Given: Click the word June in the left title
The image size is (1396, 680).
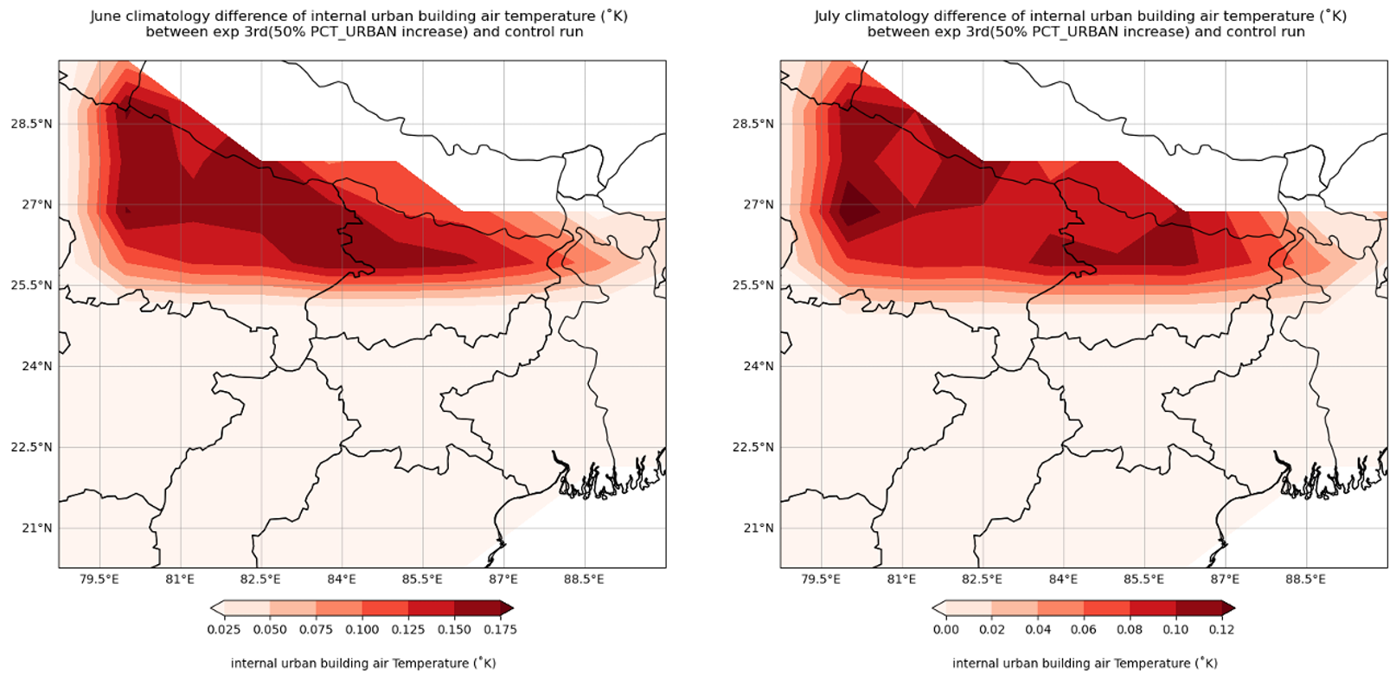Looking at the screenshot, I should pyautogui.click(x=105, y=16).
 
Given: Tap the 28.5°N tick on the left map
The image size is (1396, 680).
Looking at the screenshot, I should pyautogui.click(x=31, y=124).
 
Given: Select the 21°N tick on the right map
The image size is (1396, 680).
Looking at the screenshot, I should pyautogui.click(x=759, y=528).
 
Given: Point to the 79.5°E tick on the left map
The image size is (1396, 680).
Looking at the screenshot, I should pyautogui.click(x=99, y=579).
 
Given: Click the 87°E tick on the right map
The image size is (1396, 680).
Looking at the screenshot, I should pyautogui.click(x=1225, y=579).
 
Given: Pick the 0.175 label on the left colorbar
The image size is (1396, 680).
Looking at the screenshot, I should pyautogui.click(x=500, y=629).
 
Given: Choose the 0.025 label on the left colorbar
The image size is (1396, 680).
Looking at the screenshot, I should pyautogui.click(x=224, y=629).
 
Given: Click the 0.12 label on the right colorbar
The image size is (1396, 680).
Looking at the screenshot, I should pyautogui.click(x=1221, y=629).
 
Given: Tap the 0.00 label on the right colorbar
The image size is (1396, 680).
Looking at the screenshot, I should pyautogui.click(x=946, y=629).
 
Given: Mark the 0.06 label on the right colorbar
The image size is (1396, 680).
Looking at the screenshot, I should pyautogui.click(x=1084, y=629).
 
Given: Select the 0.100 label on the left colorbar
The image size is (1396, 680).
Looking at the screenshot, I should pyautogui.click(x=362, y=629).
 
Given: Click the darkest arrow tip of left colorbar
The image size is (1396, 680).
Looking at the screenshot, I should pyautogui.click(x=508, y=608).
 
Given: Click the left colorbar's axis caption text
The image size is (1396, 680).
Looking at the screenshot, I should pyautogui.click(x=363, y=663).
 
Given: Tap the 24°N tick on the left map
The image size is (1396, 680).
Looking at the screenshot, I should pyautogui.click(x=36, y=366).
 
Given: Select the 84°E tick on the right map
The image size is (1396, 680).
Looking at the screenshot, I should pyautogui.click(x=1063, y=579).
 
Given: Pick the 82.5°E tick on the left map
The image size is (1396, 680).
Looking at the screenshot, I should pyautogui.click(x=260, y=579).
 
